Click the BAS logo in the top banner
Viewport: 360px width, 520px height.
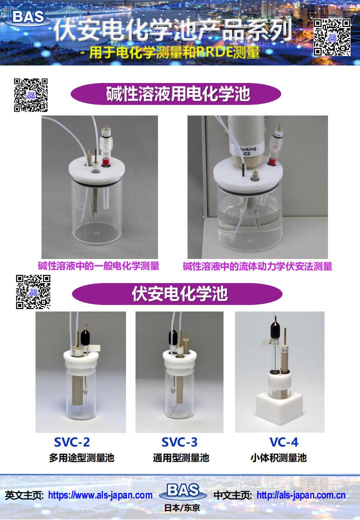[28, 17]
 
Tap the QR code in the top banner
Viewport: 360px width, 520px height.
[332, 37]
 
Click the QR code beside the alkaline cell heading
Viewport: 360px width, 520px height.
[30, 95]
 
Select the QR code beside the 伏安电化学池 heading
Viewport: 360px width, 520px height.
[33, 292]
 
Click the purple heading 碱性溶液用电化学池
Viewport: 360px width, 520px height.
[175, 94]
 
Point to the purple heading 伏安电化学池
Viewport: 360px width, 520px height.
[177, 293]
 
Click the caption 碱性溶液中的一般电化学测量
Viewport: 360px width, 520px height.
[98, 266]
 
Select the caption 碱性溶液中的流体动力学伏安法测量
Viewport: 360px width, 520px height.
[257, 266]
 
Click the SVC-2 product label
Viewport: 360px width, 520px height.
[72, 442]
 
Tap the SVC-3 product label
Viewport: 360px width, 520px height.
[179, 442]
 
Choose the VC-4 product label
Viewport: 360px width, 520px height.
[284, 442]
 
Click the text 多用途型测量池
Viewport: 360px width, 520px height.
[81, 458]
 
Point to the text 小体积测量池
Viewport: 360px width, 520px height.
[279, 458]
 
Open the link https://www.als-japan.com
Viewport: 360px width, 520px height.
[100, 495]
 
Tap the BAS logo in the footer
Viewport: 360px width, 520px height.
[183, 491]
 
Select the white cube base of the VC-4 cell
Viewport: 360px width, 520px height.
[280, 408]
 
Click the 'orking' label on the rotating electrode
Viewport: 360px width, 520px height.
[247, 150]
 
